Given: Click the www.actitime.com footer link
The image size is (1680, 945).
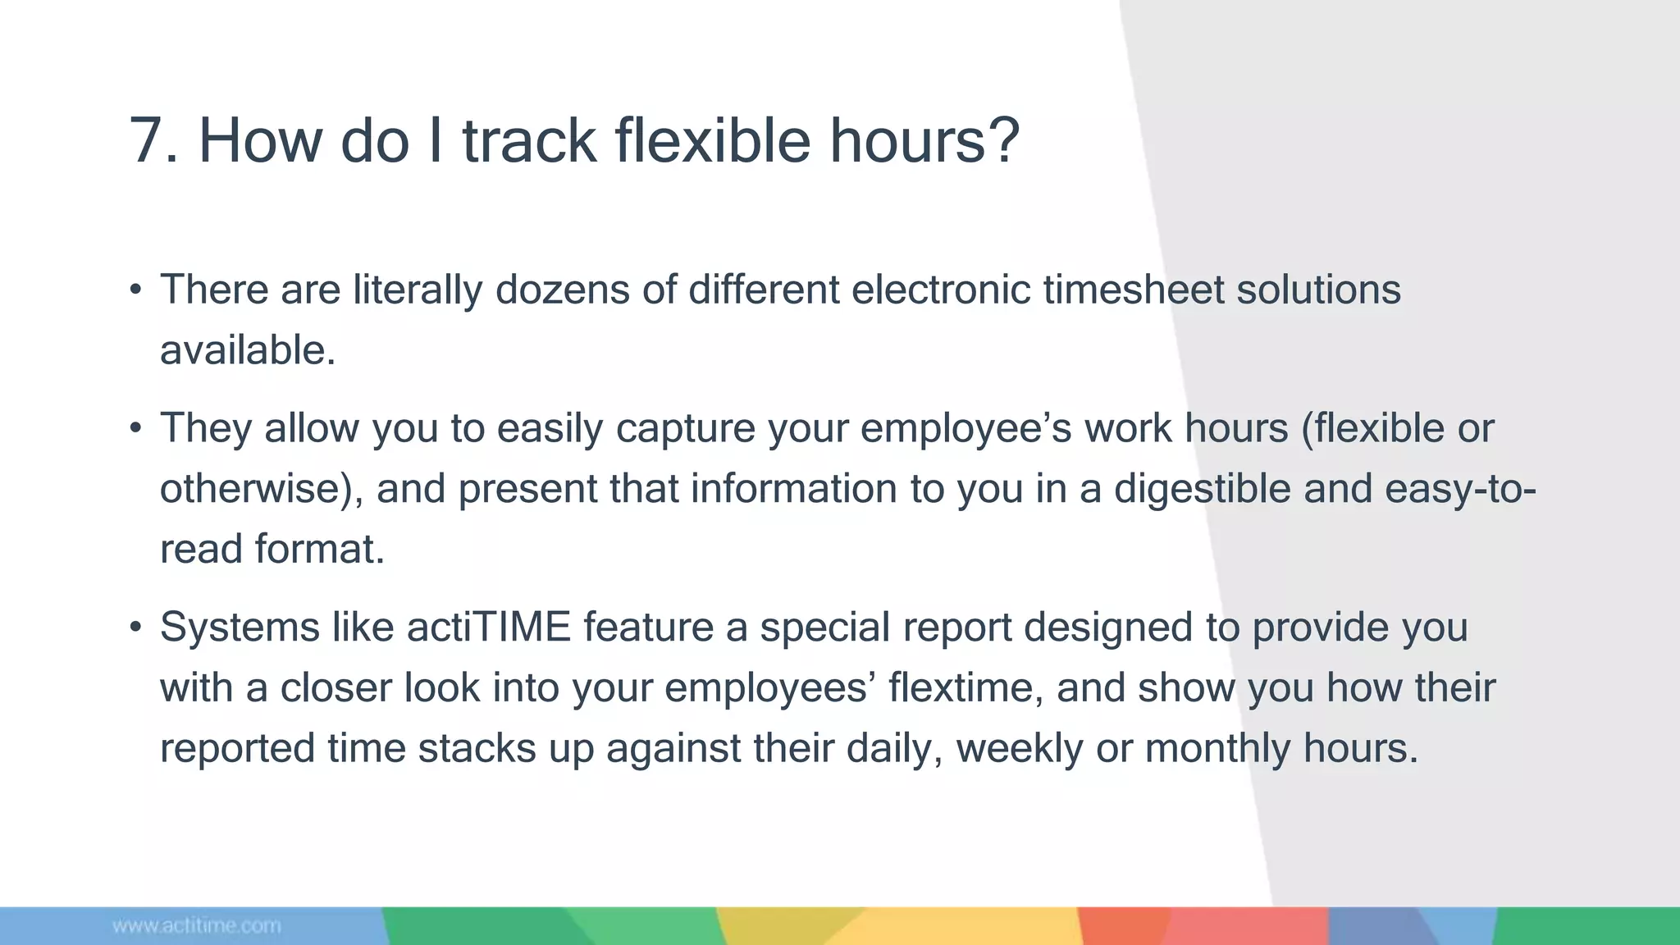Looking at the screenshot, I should (x=197, y=926).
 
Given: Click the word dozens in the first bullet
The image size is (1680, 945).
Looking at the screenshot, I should (x=562, y=290).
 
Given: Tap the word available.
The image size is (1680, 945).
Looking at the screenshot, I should (x=247, y=350).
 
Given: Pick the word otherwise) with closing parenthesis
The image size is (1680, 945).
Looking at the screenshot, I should (x=261, y=489).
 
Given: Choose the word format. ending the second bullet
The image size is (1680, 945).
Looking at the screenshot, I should (x=319, y=549).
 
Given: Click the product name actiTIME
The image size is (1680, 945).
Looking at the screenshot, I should (x=488, y=628).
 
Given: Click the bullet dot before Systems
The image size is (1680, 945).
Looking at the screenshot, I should (x=136, y=628).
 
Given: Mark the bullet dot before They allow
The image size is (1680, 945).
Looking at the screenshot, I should (x=136, y=429).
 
